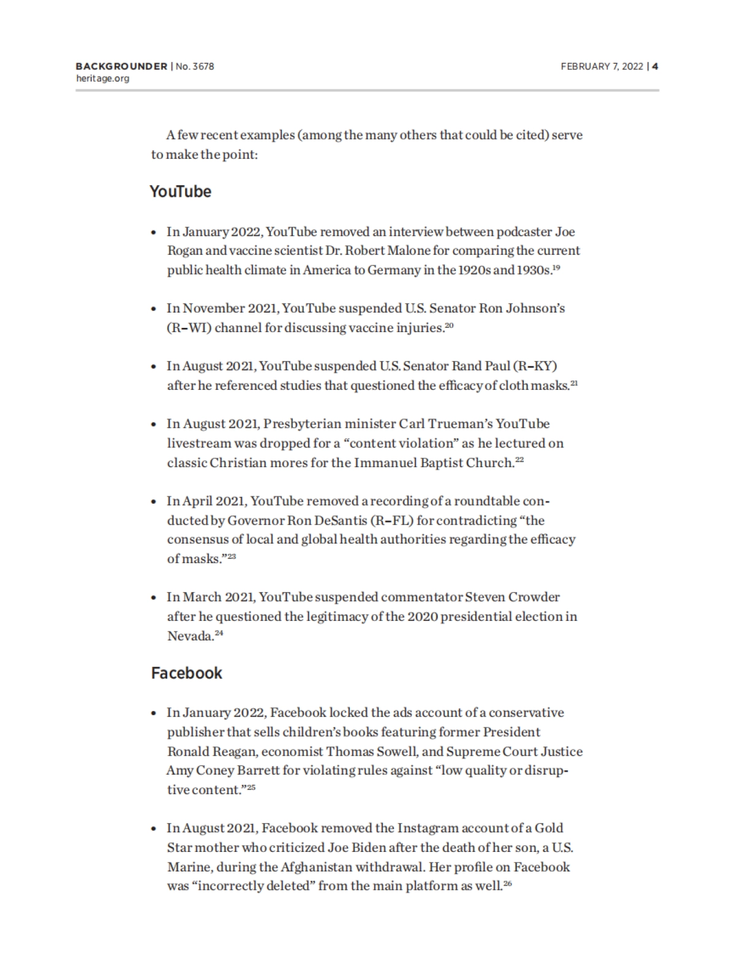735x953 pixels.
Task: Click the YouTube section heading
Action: [x=180, y=192]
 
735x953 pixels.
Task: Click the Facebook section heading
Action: [x=186, y=673]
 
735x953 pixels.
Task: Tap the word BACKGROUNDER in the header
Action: [x=121, y=66]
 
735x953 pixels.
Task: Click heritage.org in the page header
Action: [x=102, y=78]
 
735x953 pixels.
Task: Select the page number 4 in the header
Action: [x=655, y=66]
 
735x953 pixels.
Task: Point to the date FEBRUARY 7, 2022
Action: [x=601, y=66]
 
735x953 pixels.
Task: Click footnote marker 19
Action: [x=556, y=267]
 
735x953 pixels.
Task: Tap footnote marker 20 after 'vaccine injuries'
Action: [x=449, y=325]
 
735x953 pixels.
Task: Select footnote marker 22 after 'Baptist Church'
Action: [x=519, y=460]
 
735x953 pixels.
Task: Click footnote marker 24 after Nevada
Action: [x=219, y=633]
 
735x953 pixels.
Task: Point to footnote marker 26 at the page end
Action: [x=507, y=883]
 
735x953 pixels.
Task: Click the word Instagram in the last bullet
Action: [x=424, y=829]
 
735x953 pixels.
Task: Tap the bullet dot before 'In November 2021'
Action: [x=154, y=309]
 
